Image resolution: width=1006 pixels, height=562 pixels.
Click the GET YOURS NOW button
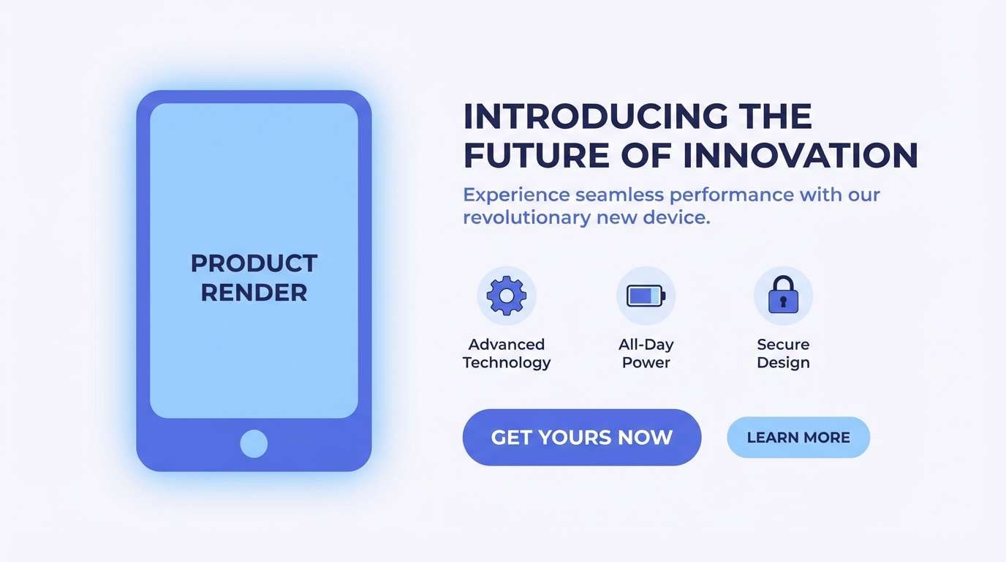(581, 438)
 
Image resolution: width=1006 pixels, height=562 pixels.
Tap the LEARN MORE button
(798, 438)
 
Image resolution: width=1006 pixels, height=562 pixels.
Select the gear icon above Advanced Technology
(507, 296)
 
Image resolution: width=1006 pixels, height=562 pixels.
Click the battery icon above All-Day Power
(646, 296)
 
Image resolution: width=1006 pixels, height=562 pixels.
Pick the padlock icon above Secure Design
(783, 296)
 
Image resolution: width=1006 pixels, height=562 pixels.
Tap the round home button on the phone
(254, 443)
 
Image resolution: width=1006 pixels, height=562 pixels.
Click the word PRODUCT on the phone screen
(254, 263)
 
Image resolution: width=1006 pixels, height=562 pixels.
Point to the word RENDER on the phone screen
(254, 293)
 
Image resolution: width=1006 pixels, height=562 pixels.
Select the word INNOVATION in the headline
(800, 156)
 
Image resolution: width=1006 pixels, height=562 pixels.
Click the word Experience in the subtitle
(516, 195)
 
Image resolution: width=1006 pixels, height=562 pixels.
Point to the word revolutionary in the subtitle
(526, 217)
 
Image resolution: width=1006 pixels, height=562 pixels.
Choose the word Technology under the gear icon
(507, 363)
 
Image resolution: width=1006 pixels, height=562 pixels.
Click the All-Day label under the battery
(646, 344)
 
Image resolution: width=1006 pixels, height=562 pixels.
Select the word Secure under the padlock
(783, 344)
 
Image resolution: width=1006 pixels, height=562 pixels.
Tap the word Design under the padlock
(783, 362)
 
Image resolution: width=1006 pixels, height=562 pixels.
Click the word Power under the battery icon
(646, 362)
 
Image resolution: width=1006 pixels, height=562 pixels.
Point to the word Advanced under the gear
(507, 344)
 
